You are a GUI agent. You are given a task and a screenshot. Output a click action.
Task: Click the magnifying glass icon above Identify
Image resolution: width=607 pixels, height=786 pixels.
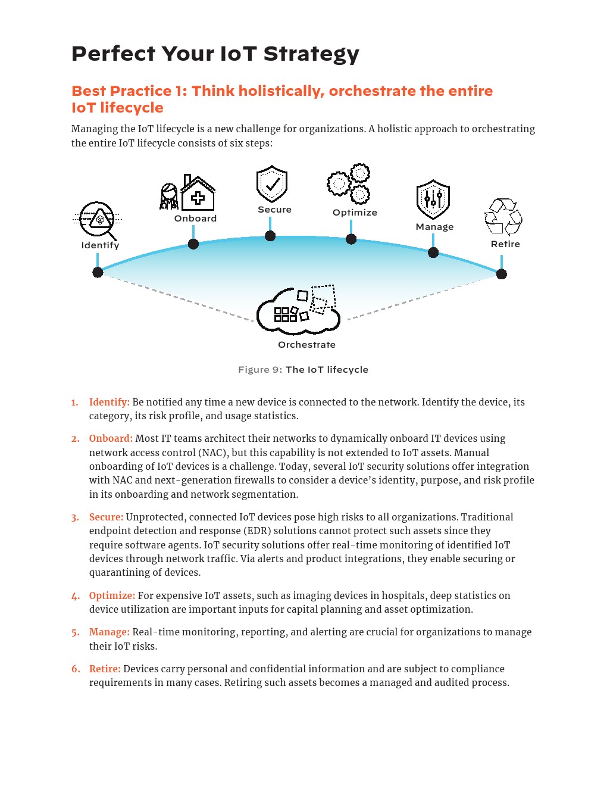coord(97,220)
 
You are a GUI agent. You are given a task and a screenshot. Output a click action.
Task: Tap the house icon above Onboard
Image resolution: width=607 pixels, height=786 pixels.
coord(198,193)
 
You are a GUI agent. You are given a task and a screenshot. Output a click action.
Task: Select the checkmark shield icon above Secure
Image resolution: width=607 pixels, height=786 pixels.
coord(272,184)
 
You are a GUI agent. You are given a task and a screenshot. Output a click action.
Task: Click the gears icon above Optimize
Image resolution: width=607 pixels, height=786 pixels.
coord(349,183)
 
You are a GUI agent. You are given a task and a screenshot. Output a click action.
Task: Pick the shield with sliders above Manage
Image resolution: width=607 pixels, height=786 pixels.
coord(433,199)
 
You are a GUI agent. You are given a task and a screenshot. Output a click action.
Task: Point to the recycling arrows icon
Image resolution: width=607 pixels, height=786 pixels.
coord(503,217)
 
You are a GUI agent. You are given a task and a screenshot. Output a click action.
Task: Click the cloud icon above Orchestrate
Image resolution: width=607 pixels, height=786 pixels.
coord(298,310)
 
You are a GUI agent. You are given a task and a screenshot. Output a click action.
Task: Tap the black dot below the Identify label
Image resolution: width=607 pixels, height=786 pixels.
coord(98,272)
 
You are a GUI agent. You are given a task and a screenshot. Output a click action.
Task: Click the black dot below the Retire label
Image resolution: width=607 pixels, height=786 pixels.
coord(502,274)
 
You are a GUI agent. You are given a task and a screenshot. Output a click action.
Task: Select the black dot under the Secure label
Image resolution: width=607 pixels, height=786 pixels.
coord(270,236)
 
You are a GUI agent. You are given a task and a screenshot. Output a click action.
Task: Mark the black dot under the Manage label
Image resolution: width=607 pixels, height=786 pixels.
coord(433,252)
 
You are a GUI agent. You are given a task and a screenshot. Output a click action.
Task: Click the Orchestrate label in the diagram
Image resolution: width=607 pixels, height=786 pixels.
coord(306,345)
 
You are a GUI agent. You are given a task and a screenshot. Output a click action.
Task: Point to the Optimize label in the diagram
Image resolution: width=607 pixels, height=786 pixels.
coord(355,213)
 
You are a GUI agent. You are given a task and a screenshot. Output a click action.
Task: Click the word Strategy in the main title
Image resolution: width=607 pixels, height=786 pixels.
coord(311,54)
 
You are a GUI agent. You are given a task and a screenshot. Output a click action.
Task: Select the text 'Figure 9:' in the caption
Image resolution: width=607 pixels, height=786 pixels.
coord(260,370)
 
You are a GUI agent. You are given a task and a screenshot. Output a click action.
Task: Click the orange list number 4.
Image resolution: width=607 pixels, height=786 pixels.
coord(76,596)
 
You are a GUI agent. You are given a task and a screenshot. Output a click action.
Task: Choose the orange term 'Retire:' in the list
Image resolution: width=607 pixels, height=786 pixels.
coord(105,669)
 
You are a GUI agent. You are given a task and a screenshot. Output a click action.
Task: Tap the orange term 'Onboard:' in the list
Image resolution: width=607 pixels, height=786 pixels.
coord(111,438)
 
